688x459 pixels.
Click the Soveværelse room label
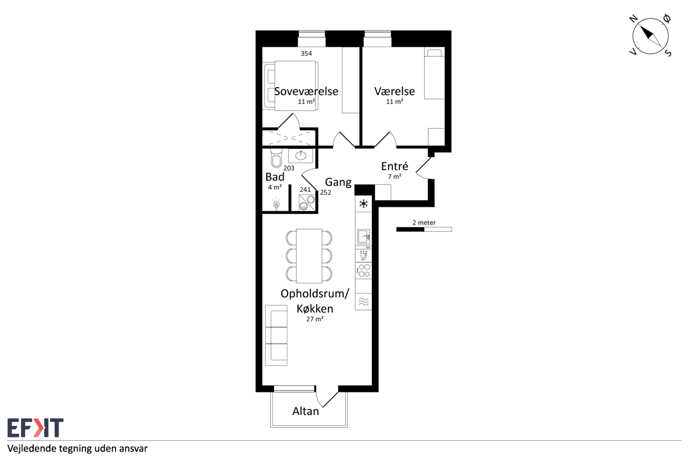point(306,91)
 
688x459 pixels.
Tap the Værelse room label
point(395,91)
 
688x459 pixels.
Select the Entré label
point(395,166)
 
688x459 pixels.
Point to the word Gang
point(338,182)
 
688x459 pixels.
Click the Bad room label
point(275,177)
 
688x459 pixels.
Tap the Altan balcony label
point(306,411)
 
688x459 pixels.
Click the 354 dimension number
point(306,53)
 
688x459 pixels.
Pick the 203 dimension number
point(289,168)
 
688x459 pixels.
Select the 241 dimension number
point(305,190)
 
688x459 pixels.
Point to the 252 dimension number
point(326,192)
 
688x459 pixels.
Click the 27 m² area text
point(315,319)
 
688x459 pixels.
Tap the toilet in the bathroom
point(276,158)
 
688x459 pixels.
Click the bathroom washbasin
point(300,156)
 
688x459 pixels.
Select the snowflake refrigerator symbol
point(364,203)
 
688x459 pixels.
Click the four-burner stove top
point(364,271)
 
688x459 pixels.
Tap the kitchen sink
point(364,236)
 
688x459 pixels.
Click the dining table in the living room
point(309,256)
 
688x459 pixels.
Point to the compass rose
point(650,36)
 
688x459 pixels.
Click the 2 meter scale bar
point(424,229)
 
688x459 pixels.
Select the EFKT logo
point(35,428)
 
